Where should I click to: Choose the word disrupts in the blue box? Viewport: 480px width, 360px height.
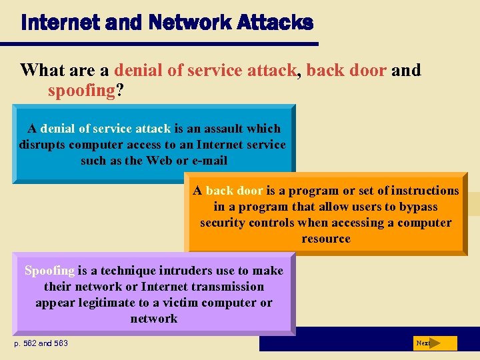(40, 145)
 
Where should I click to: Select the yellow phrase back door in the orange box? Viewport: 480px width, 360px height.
(234, 191)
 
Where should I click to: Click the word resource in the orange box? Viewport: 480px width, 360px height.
(326, 239)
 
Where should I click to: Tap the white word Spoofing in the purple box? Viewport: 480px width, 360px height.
(49, 271)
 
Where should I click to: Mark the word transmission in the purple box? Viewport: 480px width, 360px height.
(227, 287)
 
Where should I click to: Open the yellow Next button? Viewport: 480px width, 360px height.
(434, 343)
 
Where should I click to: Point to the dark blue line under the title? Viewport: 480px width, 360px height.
(166, 45)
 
